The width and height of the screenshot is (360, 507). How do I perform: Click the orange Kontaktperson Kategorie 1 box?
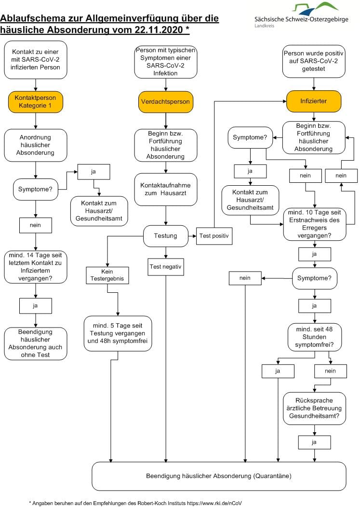pyautogui.click(x=36, y=102)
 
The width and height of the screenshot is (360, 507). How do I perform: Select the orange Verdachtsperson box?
pyautogui.click(x=165, y=101)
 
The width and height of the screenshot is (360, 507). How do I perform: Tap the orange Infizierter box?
pyautogui.click(x=313, y=101)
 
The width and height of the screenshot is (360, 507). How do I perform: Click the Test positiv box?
pyautogui.click(x=214, y=236)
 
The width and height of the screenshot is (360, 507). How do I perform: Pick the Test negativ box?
pyautogui.click(x=165, y=267)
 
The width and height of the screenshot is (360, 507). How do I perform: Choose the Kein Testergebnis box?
pyautogui.click(x=107, y=275)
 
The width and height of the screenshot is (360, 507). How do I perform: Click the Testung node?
pyautogui.click(x=165, y=236)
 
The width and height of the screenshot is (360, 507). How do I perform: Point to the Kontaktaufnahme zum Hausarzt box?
pyautogui.click(x=166, y=190)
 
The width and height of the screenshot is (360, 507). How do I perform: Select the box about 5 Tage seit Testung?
pyautogui.click(x=118, y=333)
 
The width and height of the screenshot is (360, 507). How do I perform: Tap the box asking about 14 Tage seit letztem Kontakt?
pyautogui.click(x=36, y=267)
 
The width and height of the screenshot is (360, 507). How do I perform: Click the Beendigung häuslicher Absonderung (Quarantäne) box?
pyautogui.click(x=219, y=476)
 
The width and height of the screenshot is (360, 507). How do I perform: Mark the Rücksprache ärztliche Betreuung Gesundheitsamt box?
pyautogui.click(x=314, y=409)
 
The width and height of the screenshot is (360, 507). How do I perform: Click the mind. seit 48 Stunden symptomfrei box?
pyautogui.click(x=314, y=337)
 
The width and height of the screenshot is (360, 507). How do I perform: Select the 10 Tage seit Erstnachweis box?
pyautogui.click(x=314, y=224)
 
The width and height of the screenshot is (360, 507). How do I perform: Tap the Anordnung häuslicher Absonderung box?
pyautogui.click(x=36, y=145)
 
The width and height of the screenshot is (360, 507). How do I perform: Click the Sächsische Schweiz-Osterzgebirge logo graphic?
pyautogui.click(x=315, y=9)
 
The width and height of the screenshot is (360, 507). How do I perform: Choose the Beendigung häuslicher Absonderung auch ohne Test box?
pyautogui.click(x=36, y=343)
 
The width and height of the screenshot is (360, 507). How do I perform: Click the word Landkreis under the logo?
pyautogui.click(x=264, y=26)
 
